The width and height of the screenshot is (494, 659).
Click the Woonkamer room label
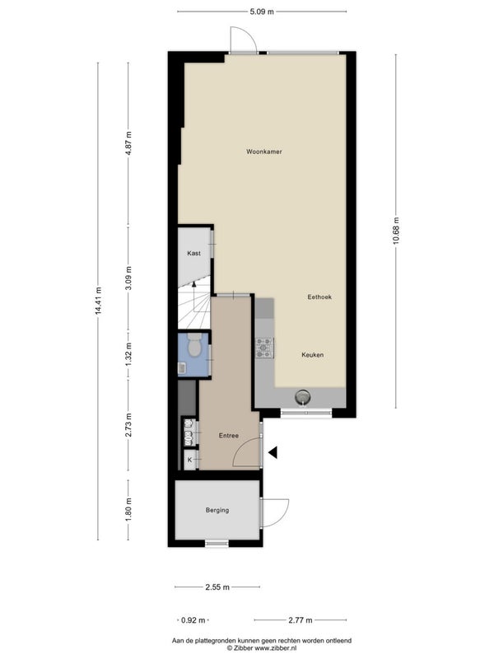pyautogui.click(x=263, y=152)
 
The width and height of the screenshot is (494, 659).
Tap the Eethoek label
pyautogui.click(x=319, y=297)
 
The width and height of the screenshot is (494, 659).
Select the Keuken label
pyautogui.click(x=313, y=355)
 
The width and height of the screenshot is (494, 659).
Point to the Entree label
pyautogui.click(x=229, y=436)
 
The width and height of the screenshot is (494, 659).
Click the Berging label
pyautogui.click(x=217, y=510)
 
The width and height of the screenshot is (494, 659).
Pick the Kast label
pyautogui.click(x=193, y=254)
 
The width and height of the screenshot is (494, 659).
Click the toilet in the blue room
pyautogui.click(x=194, y=345)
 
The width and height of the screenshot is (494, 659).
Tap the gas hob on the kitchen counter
pyautogui.click(x=264, y=348)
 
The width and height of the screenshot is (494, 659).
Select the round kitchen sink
pyautogui.click(x=302, y=396)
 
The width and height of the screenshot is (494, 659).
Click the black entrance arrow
pyautogui.click(x=273, y=452)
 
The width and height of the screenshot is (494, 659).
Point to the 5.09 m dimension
pyautogui.click(x=262, y=12)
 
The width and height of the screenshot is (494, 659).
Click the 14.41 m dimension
pyautogui.click(x=98, y=301)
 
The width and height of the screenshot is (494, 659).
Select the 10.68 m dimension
pyautogui.click(x=396, y=231)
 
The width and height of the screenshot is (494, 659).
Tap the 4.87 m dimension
pyautogui.click(x=128, y=143)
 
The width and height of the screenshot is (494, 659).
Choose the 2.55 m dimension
pyautogui.click(x=217, y=587)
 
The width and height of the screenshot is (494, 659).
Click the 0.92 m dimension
pyautogui.click(x=193, y=620)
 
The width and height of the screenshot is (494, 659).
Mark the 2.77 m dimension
pyautogui.click(x=301, y=620)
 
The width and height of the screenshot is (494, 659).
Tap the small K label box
pyautogui.click(x=190, y=460)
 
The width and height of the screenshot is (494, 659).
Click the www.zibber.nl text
pyautogui.click(x=276, y=648)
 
